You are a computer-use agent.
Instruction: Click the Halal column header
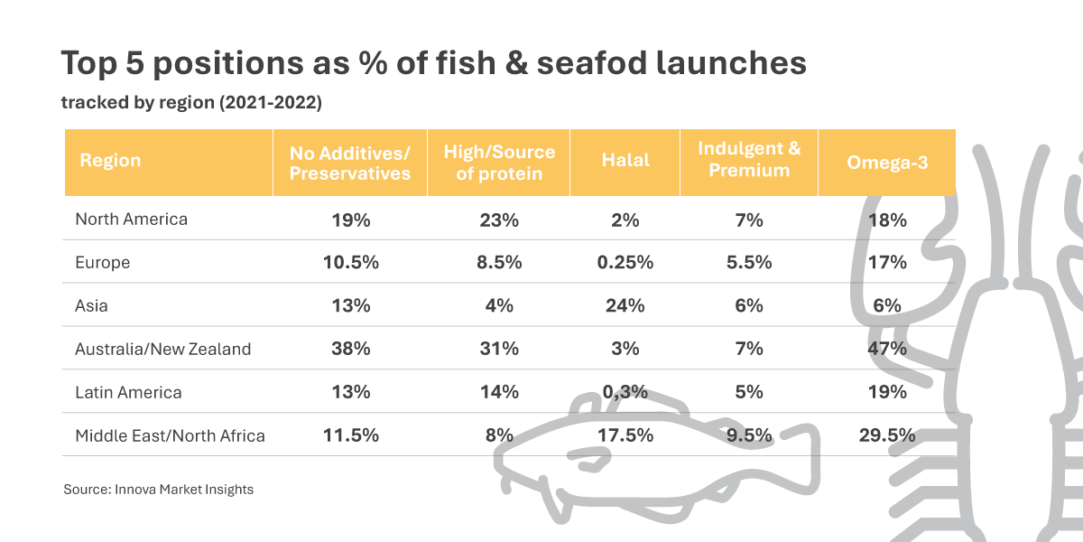pyautogui.click(x=625, y=161)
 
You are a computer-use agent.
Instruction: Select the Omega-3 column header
pyautogui.click(x=887, y=162)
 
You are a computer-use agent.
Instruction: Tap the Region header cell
pyautogui.click(x=110, y=161)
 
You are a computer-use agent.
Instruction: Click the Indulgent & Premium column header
pyautogui.click(x=749, y=160)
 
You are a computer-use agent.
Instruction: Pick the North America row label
pyautogui.click(x=131, y=219)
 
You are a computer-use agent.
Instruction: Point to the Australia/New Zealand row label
pyautogui.click(x=162, y=349)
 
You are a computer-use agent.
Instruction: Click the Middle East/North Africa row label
pyautogui.click(x=170, y=435)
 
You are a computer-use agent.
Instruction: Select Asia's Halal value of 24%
pyautogui.click(x=625, y=305)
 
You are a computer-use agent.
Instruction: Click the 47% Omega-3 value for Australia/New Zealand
pyautogui.click(x=887, y=349)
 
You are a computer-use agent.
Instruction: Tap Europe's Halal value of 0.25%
pyautogui.click(x=625, y=262)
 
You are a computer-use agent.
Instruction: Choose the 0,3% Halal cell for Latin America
pyautogui.click(x=625, y=392)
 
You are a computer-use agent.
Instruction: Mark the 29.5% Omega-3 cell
pyautogui.click(x=887, y=435)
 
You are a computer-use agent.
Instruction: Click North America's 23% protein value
pyautogui.click(x=499, y=219)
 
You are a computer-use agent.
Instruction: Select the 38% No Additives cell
pyautogui.click(x=350, y=349)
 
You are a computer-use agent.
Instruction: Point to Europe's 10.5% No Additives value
pyautogui.click(x=350, y=262)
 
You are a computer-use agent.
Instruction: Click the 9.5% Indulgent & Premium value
pyautogui.click(x=749, y=435)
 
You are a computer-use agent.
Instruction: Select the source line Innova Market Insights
pyautogui.click(x=183, y=490)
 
